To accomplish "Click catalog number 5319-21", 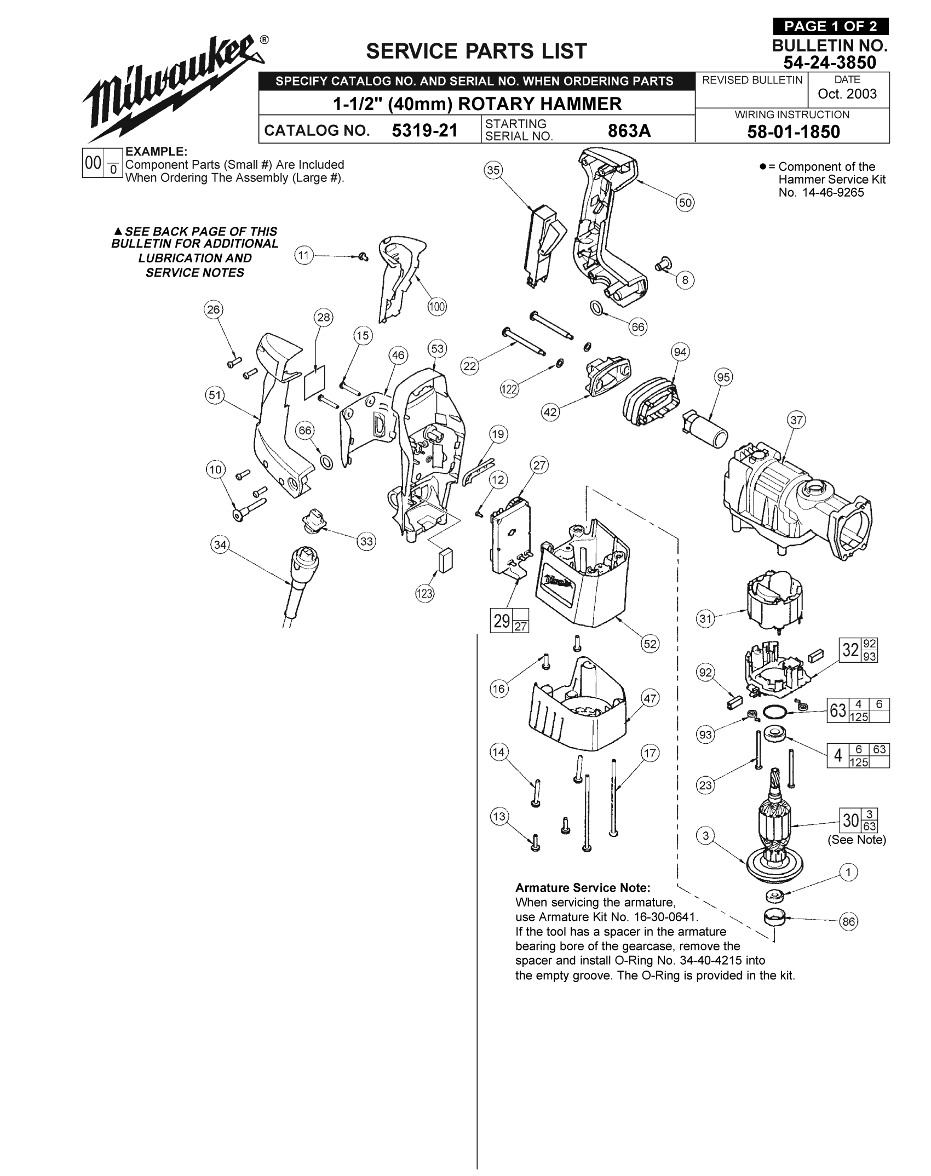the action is (424, 130).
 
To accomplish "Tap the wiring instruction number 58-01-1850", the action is (794, 131).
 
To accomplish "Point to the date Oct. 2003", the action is (847, 94).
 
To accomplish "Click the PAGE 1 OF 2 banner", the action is (830, 26).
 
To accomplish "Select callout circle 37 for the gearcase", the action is (796, 420).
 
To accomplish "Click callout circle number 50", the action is (685, 203).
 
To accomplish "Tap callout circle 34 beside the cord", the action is (220, 545).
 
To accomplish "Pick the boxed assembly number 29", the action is (502, 621).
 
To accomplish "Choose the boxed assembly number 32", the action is (850, 650).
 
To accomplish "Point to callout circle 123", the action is (424, 594).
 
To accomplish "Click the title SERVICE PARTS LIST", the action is (476, 51).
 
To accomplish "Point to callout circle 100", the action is (436, 307).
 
